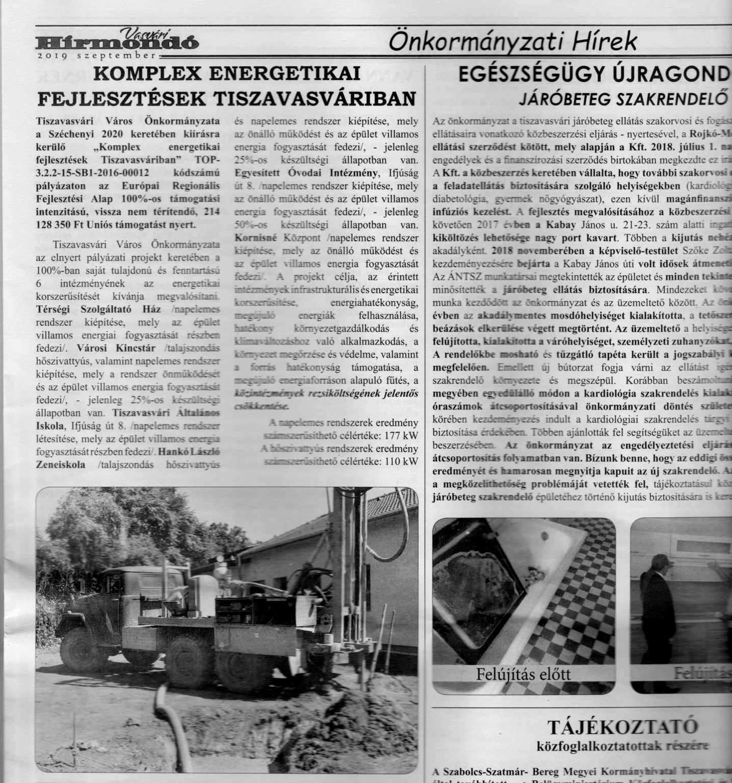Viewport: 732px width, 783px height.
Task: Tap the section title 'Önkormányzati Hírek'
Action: [x=512, y=41]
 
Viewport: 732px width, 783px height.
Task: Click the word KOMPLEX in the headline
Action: [x=148, y=74]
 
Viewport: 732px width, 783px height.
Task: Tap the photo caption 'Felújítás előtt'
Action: [x=523, y=673]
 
